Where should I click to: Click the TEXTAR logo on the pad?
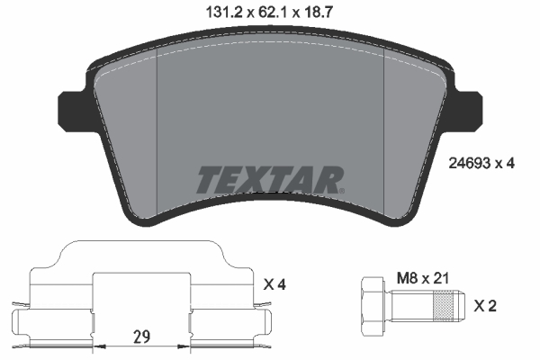pos(268,180)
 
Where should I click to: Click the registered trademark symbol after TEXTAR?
pos(341,189)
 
